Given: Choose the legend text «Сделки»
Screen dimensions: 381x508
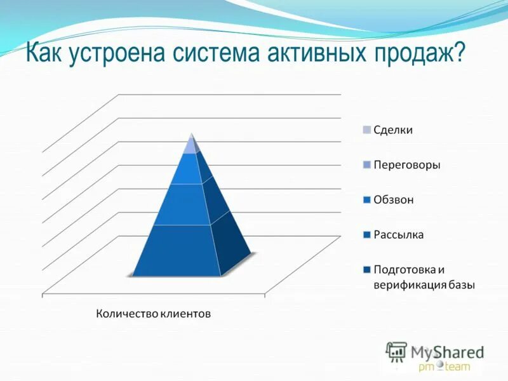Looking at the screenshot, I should [393, 130].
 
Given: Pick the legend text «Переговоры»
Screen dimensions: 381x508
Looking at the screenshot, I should [406, 165].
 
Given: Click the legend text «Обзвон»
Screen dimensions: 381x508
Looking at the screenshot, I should [393, 200].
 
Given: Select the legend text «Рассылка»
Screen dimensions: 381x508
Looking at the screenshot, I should [398, 235].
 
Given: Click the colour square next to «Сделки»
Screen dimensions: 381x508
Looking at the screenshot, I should [366, 130].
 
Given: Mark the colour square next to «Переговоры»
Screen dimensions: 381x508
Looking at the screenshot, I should [366, 165].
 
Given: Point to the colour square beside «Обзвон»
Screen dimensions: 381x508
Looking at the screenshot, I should [366, 200].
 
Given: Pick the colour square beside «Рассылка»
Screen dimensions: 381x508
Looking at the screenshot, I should [366, 235].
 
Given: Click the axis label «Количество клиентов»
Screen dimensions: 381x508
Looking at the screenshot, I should [153, 313].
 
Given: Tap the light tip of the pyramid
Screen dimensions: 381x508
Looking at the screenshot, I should [190, 145].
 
